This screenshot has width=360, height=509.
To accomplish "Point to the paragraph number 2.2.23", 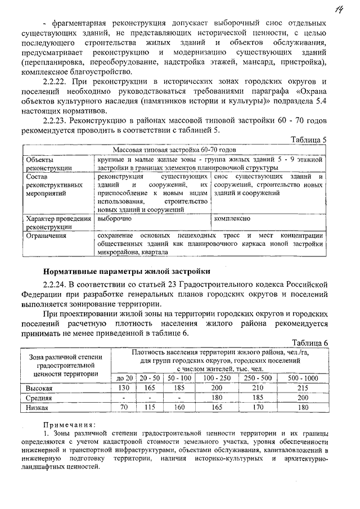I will [56, 120].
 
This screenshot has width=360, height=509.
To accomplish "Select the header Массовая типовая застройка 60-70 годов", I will [174, 151].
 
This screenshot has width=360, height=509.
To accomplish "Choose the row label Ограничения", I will [46, 236].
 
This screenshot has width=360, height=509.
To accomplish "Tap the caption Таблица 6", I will [309, 342].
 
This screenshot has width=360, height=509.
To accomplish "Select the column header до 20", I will [124, 378].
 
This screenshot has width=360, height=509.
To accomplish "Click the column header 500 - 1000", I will [303, 378].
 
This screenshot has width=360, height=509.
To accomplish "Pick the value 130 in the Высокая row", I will [124, 388].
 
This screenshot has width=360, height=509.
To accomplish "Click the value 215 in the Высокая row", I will [303, 388].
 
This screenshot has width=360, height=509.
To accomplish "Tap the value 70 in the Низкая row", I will [124, 407].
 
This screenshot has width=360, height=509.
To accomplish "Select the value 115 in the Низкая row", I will [150, 407].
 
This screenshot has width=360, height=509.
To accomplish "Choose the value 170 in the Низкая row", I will [258, 407].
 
